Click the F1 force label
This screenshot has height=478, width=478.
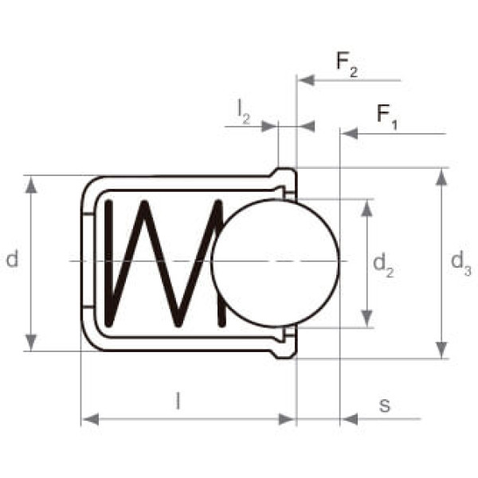pyautogui.click(x=387, y=118)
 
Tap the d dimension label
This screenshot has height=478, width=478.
pyautogui.click(x=12, y=259)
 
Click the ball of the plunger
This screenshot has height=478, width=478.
pyautogui.click(x=276, y=263)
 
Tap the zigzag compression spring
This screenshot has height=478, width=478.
pyautogui.click(x=159, y=263)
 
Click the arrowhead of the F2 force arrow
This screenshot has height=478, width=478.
pyautogui.click(x=304, y=80)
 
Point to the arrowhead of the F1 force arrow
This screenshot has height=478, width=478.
pyautogui.click(x=347, y=134)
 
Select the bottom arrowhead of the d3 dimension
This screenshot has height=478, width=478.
pyautogui.click(x=441, y=351)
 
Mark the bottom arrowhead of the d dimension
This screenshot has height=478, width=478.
pyautogui.click(x=31, y=343)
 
